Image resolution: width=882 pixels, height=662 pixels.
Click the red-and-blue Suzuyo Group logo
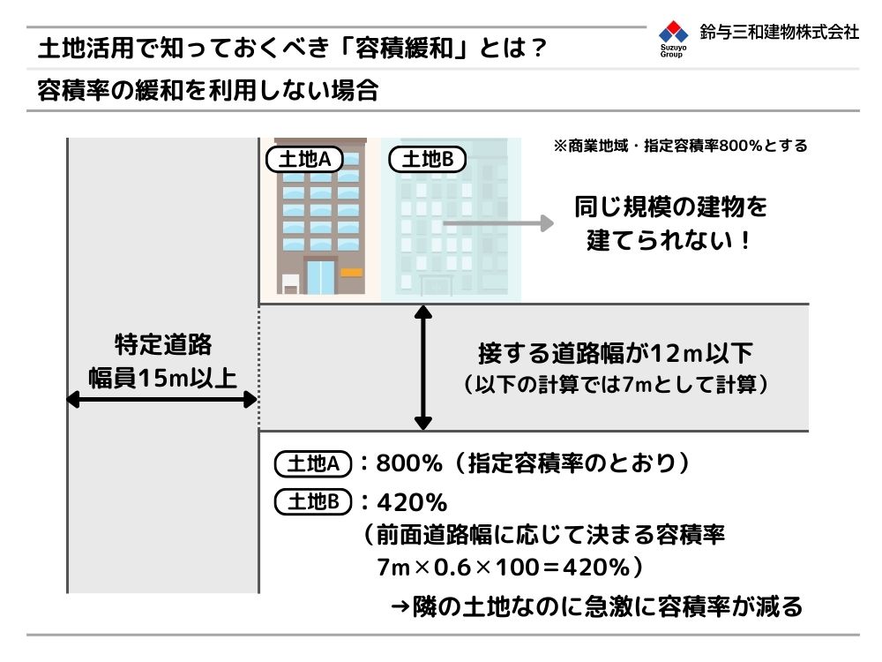click(673, 38)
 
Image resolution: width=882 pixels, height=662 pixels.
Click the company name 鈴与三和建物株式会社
click(780, 32)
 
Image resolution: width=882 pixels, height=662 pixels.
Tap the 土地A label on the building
click(304, 159)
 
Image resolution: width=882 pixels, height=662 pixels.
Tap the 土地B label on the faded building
click(428, 159)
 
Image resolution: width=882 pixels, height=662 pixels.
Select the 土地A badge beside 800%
click(313, 464)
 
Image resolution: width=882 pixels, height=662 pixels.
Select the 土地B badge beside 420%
click(313, 501)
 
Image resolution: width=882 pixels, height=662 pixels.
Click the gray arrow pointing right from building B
click(498, 223)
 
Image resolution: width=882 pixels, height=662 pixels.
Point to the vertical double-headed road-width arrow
click(423, 367)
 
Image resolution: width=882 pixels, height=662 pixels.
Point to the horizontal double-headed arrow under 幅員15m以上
click(162, 400)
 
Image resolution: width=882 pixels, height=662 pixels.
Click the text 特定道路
click(163, 344)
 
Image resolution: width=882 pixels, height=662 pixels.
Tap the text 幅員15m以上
click(162, 378)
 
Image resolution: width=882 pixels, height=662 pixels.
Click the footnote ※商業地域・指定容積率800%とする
click(681, 146)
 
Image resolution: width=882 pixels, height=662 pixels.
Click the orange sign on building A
click(352, 273)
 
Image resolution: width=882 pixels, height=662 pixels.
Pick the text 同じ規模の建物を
click(670, 207)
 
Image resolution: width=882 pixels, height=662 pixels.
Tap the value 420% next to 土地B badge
click(412, 502)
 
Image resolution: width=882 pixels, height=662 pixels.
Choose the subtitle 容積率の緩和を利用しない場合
click(208, 90)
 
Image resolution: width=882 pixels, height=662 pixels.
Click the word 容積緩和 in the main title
click(404, 48)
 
